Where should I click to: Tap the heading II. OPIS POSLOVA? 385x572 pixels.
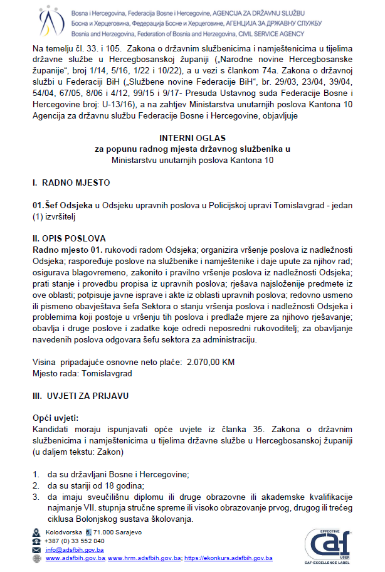coord(69,238)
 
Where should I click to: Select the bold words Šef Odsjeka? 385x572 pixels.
coord(62,205)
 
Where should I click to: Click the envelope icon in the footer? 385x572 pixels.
coord(36,549)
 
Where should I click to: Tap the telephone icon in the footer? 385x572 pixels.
coord(36,541)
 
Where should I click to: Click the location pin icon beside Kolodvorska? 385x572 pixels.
coord(36,532)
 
